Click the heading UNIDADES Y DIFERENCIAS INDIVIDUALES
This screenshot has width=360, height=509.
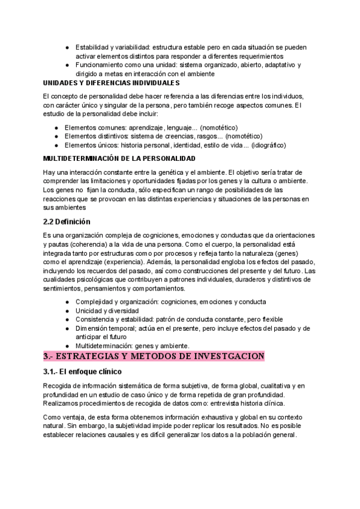(x=112, y=82)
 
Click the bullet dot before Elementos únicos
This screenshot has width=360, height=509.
(x=56, y=145)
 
